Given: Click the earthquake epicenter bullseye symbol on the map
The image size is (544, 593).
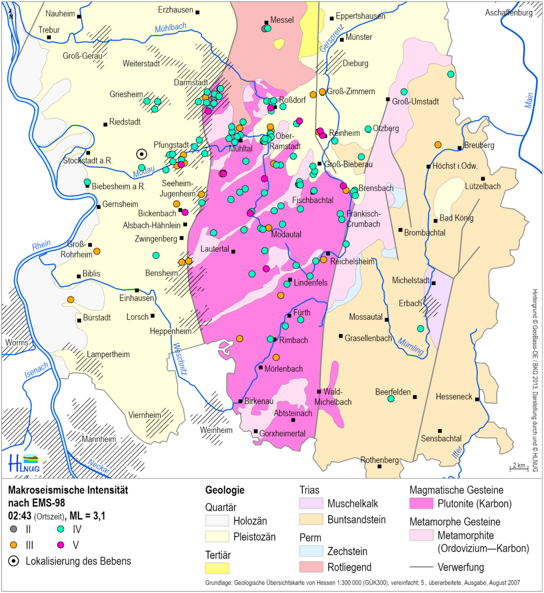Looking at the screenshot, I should coord(141,154).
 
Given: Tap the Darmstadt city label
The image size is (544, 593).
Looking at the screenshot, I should coord(191,83).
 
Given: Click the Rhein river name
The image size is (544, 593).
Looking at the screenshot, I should coord(41,245).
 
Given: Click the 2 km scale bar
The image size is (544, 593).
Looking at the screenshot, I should coord(517,466).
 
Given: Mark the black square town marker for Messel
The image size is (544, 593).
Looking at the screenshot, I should coord(267,23).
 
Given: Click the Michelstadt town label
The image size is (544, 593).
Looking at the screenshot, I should coord(411,280).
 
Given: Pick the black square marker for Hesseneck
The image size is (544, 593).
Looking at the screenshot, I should coord(478,399).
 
